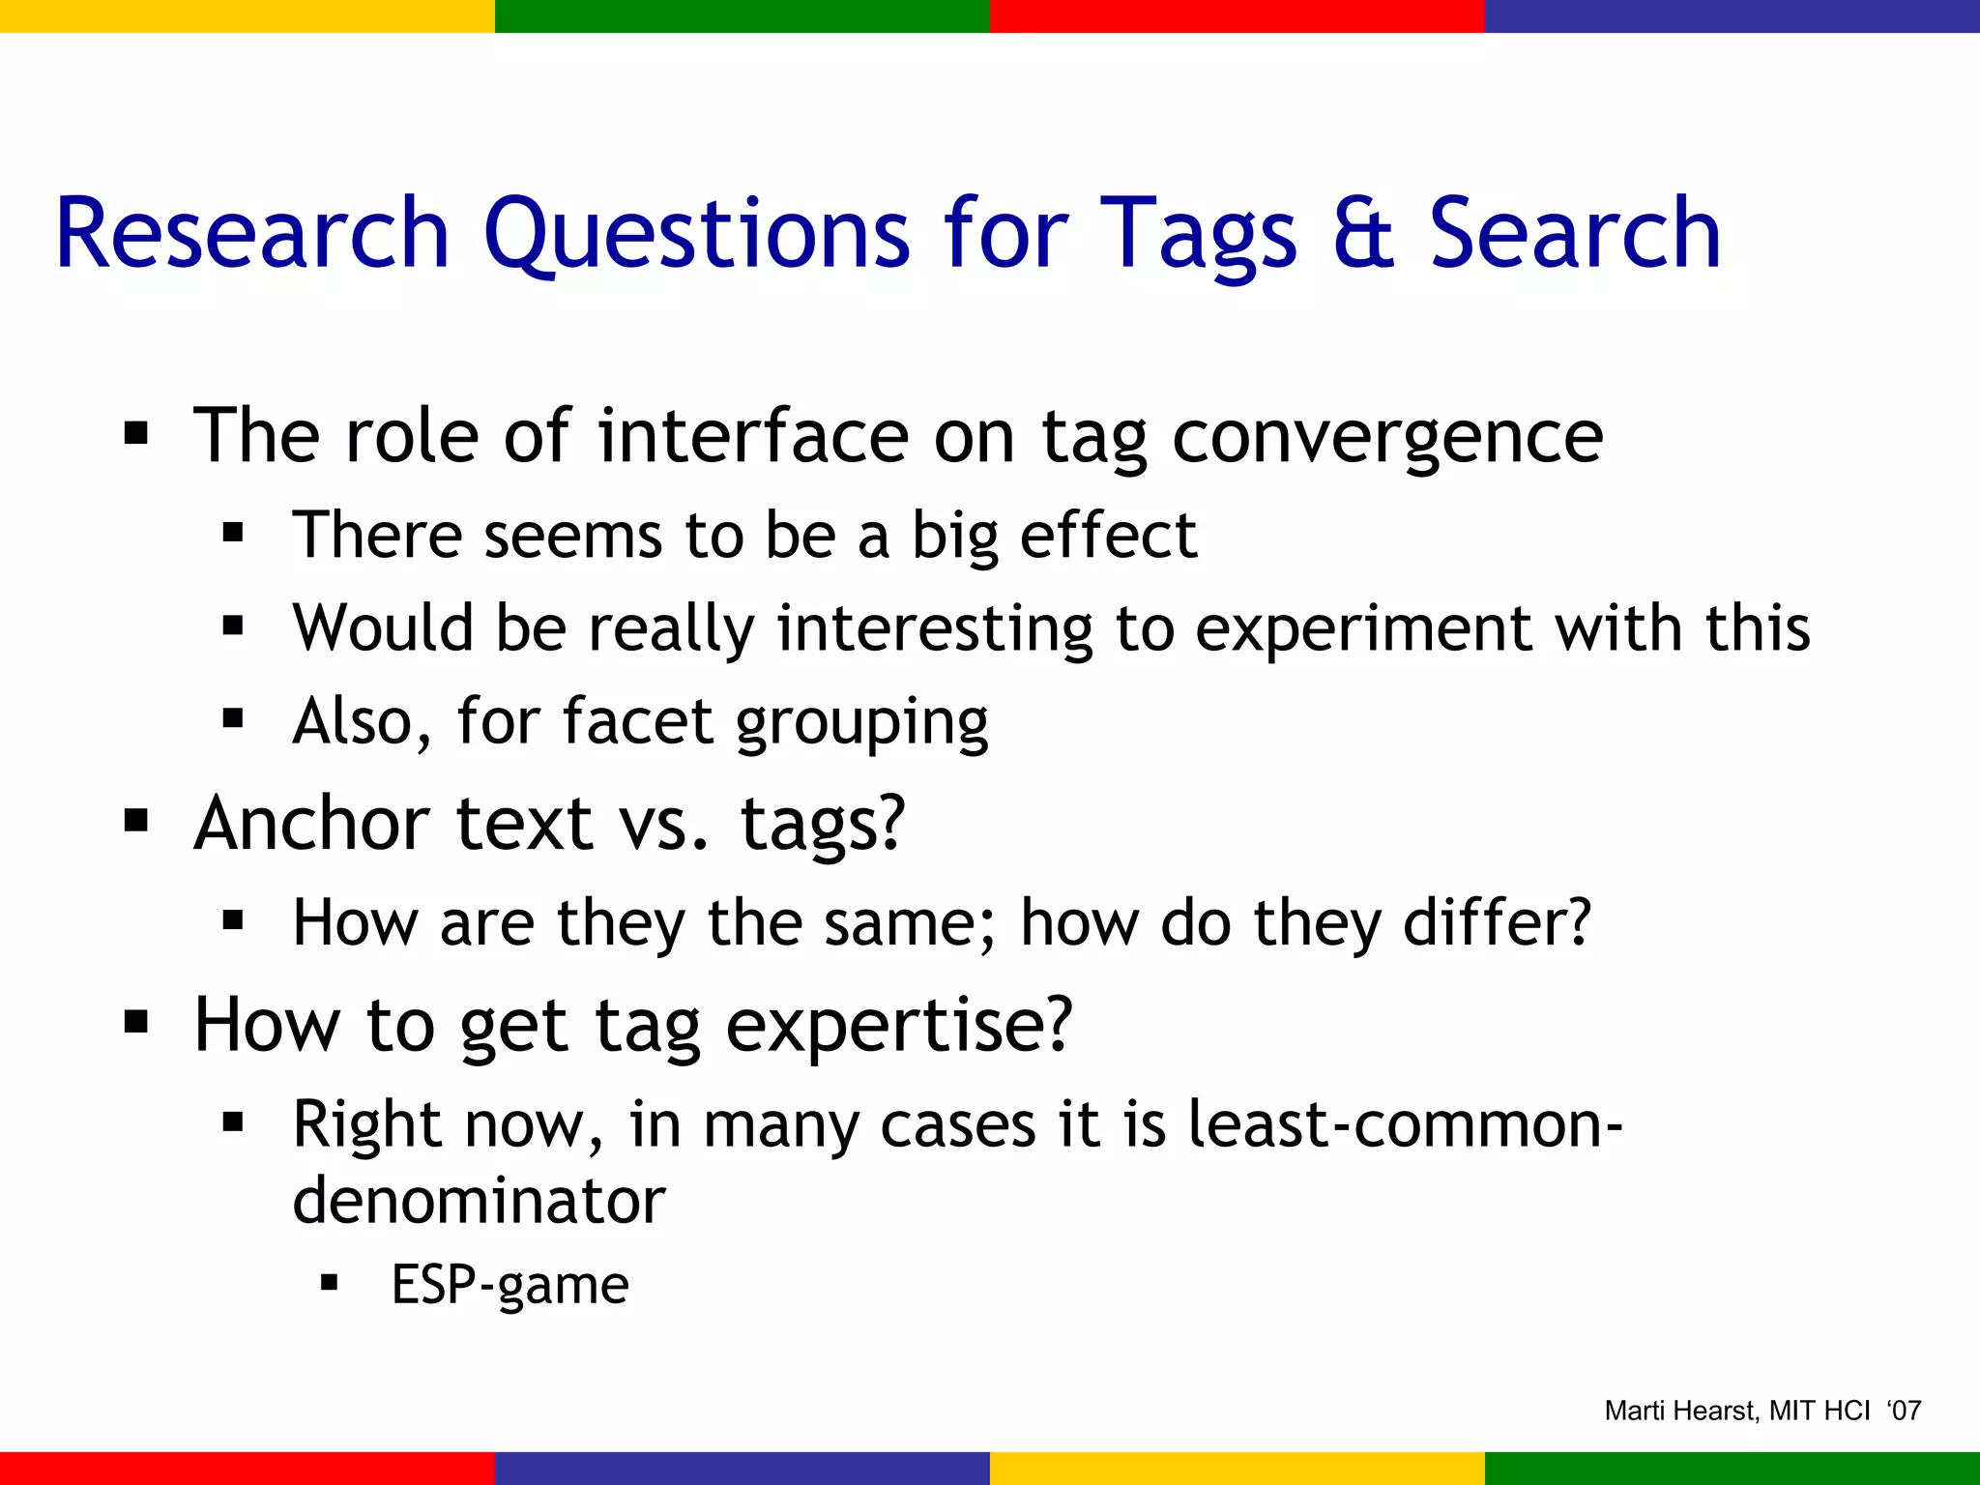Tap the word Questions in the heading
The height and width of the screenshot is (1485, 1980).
pos(696,235)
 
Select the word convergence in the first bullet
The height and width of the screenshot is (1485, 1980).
pos(1387,437)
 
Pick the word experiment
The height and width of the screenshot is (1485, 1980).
pos(1363,628)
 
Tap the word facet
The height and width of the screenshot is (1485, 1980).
pos(637,721)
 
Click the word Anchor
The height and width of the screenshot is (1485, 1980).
pos(311,823)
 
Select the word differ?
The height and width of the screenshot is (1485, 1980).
pos(1497,922)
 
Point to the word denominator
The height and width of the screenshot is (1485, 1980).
pos(479,1201)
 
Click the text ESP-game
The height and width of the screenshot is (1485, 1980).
pos(510,1285)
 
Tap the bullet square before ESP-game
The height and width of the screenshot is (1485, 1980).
pos(330,1283)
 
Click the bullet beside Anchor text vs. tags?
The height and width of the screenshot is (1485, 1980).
pos(136,822)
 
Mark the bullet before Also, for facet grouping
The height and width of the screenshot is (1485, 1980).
pos(232,718)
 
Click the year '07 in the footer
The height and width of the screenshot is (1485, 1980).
pos(1904,1411)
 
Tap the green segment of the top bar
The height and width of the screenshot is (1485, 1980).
pos(742,15)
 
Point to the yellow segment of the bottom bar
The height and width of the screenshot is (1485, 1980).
pos(1237,1468)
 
